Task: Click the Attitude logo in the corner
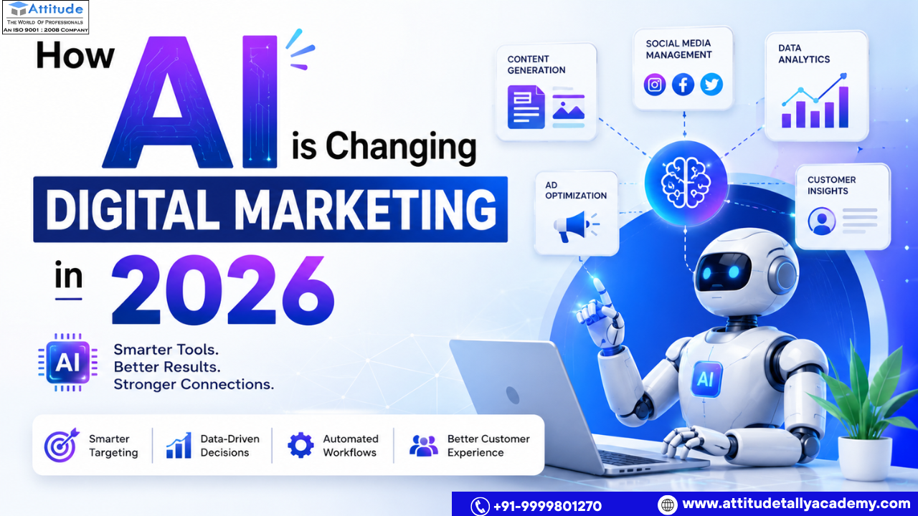[45, 17]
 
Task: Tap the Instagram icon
[655, 85]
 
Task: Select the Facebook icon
[683, 85]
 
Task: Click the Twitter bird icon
[711, 85]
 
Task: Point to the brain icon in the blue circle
[686, 183]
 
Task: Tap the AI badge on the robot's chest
[705, 379]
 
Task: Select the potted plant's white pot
[865, 458]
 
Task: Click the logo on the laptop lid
[512, 395]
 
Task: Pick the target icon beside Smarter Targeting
[62, 445]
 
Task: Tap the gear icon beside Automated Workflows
[301, 445]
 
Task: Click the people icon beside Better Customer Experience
[424, 446]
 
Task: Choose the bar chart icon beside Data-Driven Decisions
[179, 445]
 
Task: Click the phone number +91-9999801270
[547, 506]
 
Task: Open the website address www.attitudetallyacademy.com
[796, 503]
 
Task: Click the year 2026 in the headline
[223, 290]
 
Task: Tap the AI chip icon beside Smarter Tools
[67, 363]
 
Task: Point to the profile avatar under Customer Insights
[822, 221]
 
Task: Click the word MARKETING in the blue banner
[366, 210]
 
